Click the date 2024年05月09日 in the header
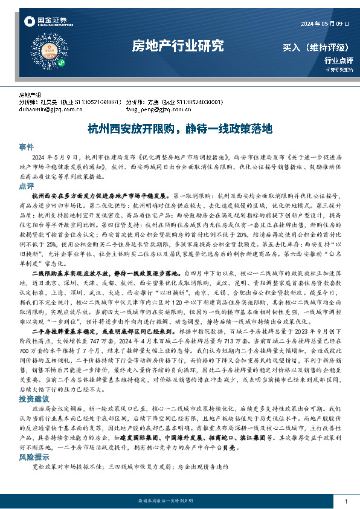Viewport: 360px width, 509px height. pos(324,24)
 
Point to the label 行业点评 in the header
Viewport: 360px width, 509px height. pos(339,60)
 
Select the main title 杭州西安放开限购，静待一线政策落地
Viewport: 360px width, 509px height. pos(180,129)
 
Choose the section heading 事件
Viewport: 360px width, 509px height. pos(26,147)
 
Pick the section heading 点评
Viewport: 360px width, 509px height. pos(26,186)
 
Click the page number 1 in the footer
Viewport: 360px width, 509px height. pos(345,502)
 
